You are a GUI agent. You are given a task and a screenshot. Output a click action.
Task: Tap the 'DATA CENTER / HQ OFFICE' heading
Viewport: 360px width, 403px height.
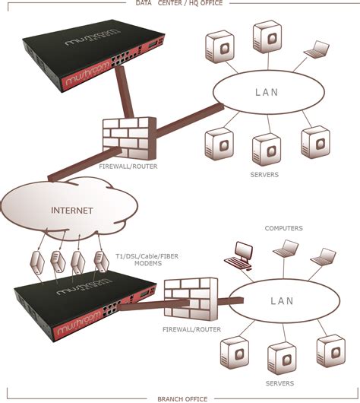point(179,4)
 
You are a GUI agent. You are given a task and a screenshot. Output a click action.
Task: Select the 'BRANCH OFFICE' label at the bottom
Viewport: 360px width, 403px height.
point(179,398)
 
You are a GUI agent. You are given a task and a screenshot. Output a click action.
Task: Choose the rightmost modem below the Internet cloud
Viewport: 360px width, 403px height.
point(99,261)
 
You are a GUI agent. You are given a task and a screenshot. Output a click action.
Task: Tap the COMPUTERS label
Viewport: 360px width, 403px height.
point(283,228)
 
